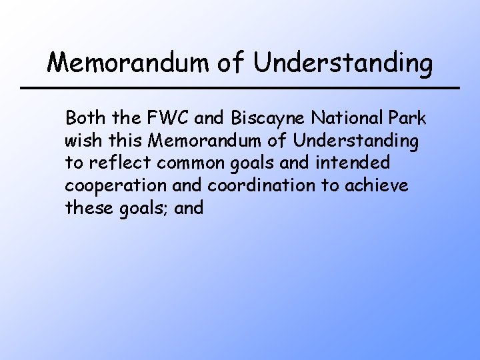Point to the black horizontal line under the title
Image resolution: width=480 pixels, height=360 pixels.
pyautogui.click(x=240, y=88)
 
